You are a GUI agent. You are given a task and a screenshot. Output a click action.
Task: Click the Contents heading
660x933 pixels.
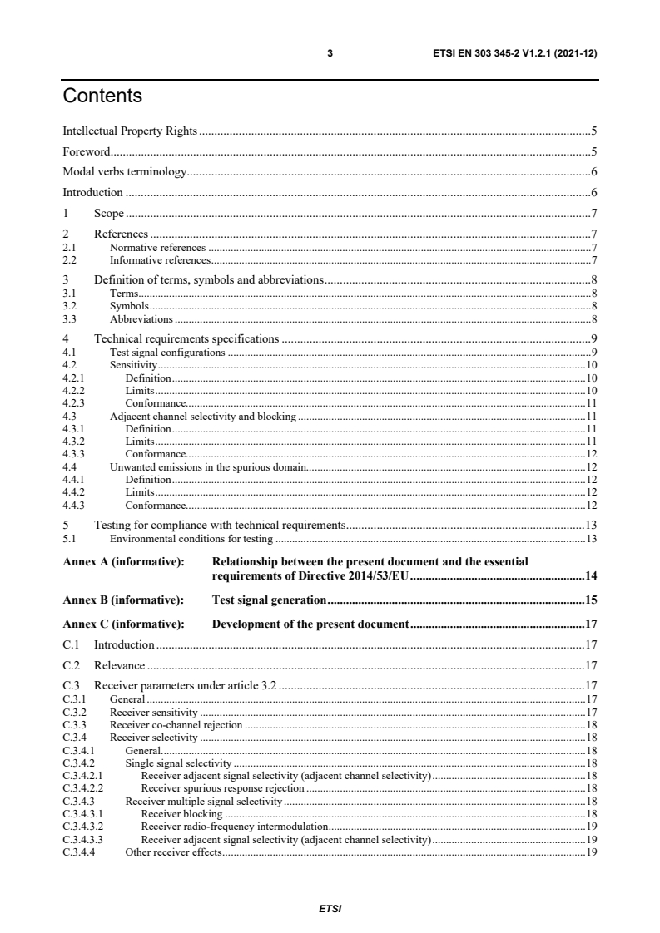[x=102, y=96]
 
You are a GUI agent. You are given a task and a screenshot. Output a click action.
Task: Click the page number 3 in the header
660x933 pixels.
[x=330, y=53]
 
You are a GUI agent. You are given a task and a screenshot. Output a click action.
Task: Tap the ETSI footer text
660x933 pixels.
[x=330, y=908]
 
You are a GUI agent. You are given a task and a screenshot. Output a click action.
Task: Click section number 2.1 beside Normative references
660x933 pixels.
[x=70, y=248]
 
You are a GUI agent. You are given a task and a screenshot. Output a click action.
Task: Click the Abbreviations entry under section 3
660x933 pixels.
[x=141, y=318]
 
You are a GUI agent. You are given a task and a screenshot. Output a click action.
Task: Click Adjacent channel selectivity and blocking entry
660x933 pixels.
[x=202, y=416]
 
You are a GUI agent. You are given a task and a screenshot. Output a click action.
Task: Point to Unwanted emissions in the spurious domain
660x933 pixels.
[x=208, y=467]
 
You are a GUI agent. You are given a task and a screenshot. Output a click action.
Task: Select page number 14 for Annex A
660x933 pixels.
[x=591, y=575]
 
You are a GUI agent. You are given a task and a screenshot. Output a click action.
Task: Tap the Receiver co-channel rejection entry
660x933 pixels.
[x=176, y=724]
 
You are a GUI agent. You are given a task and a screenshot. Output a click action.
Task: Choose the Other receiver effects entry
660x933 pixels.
[x=172, y=852]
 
